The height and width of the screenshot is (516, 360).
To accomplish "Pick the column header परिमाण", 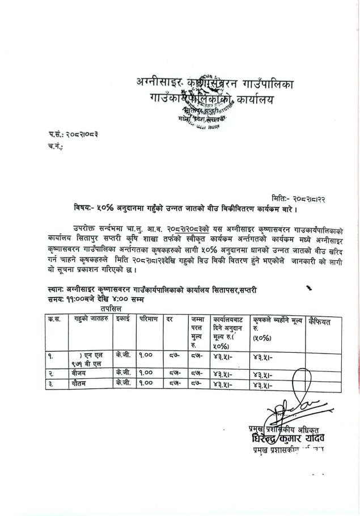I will [150, 321].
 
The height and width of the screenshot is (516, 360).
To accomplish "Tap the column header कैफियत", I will [321, 322].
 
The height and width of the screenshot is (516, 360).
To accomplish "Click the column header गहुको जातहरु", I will [90, 322].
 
